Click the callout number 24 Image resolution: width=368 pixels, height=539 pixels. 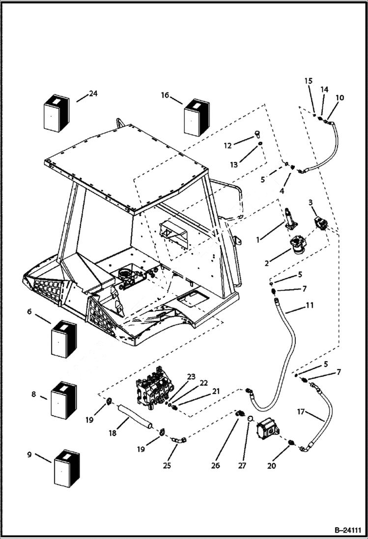(x=93, y=94)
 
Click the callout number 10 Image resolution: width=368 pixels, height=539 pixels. (x=340, y=98)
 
